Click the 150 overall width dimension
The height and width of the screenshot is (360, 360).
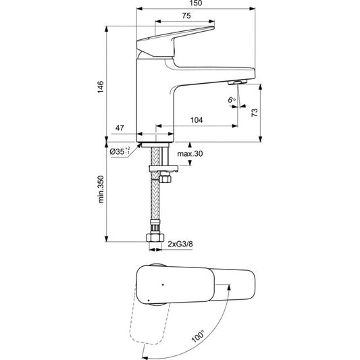click(196, 3)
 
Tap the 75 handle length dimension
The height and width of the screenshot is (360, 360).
click(186, 16)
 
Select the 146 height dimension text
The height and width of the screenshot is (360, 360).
click(101, 86)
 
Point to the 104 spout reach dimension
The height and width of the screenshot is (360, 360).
click(197, 120)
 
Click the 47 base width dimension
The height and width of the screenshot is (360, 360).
click(120, 128)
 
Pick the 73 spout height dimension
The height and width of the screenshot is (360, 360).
click(255, 113)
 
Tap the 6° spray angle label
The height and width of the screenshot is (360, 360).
click(232, 100)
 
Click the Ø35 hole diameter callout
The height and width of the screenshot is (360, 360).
click(120, 151)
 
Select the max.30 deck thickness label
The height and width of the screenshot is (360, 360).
click(190, 153)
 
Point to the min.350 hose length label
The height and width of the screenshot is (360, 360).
click(101, 189)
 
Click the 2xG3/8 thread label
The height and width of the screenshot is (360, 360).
click(180, 244)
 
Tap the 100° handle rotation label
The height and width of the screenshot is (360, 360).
click(198, 336)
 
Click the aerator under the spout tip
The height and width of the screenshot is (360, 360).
click(237, 82)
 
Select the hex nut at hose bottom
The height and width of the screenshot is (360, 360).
click(155, 237)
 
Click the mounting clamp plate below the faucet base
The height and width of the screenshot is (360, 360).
click(163, 169)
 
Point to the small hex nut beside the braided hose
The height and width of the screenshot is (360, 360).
click(165, 178)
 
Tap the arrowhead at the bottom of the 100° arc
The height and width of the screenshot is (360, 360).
click(145, 357)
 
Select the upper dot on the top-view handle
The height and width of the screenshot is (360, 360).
click(163, 285)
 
